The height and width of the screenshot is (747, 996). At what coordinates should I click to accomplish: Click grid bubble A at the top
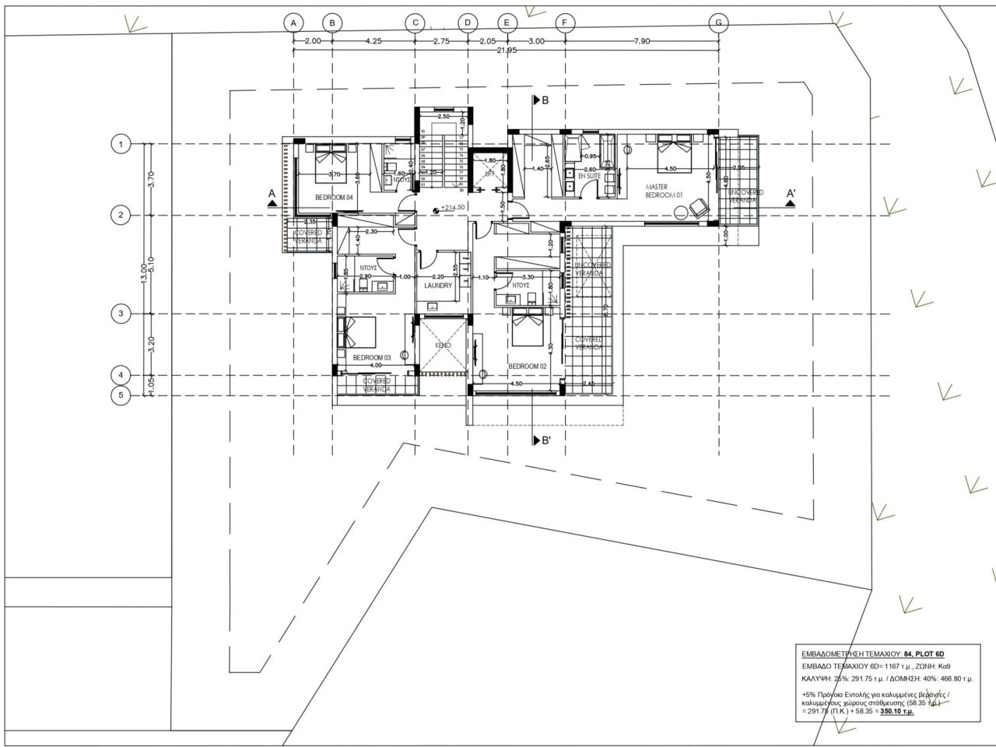click(293, 23)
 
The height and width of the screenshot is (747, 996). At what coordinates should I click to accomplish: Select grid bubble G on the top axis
click(718, 23)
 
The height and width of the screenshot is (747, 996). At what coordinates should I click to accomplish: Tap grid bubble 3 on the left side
click(120, 314)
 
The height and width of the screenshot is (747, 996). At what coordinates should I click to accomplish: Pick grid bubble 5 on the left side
click(120, 395)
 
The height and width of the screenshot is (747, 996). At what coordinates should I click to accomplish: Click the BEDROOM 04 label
click(334, 198)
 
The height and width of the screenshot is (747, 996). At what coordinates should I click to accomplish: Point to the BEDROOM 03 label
click(371, 358)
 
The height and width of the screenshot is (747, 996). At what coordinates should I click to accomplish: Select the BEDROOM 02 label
click(528, 366)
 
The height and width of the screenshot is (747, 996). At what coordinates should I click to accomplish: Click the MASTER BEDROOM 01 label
click(664, 191)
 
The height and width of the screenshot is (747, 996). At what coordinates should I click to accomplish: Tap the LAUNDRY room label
click(438, 286)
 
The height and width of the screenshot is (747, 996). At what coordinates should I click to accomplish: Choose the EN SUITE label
click(589, 177)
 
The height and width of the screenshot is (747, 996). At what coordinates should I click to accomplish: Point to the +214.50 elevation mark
click(452, 208)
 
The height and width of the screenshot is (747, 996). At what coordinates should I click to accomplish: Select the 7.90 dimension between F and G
click(641, 41)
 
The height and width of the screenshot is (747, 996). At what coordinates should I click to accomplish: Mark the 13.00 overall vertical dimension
click(142, 271)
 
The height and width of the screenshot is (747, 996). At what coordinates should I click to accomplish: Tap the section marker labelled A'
click(791, 194)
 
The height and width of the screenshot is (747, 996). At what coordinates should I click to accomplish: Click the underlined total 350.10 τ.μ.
click(897, 711)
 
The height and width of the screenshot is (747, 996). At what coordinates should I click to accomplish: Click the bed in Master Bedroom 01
click(674, 152)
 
